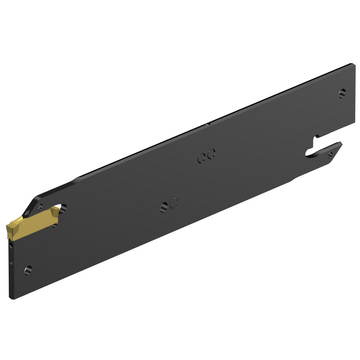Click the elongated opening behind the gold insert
pyautogui.click(x=62, y=208)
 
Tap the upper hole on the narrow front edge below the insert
pyautogui.click(x=11, y=246)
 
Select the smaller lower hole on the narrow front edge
pyautogui.click(x=12, y=263)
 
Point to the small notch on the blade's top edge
pyautogui.click(x=207, y=125)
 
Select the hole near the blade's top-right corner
pyautogui.click(x=342, y=93)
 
